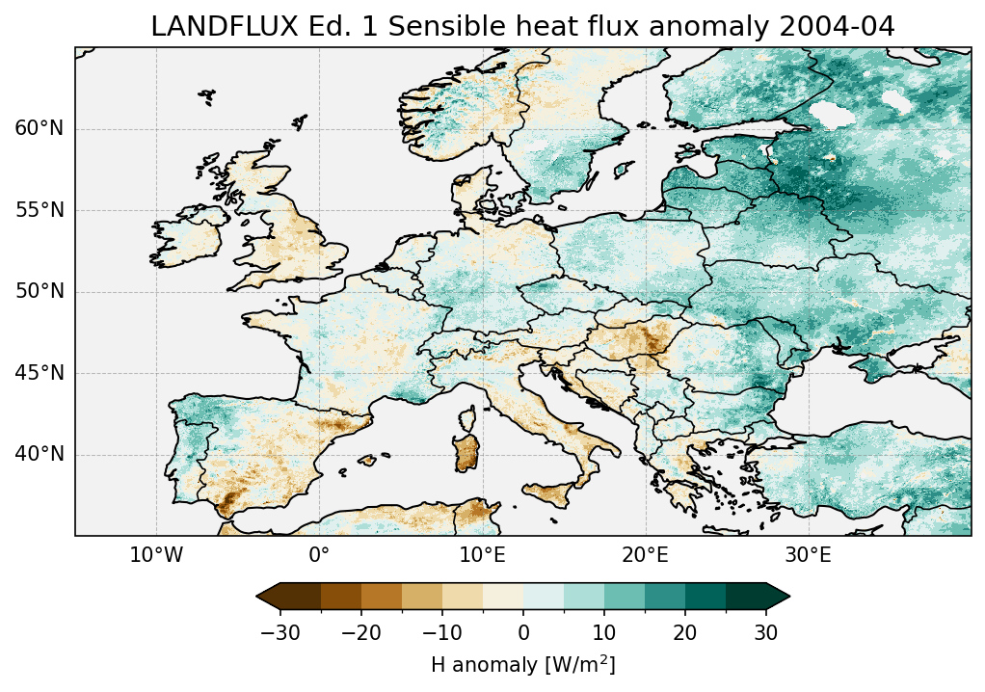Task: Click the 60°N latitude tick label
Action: [40, 129]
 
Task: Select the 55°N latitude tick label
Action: [40, 210]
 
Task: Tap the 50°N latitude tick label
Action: [40, 291]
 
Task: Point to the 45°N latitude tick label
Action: [40, 373]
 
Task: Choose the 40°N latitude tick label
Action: [40, 454]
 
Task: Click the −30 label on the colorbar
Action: [280, 632]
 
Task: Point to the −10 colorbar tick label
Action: [441, 632]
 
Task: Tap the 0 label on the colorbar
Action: [523, 632]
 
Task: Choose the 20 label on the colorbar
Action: [685, 632]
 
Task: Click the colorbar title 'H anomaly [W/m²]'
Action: [523, 664]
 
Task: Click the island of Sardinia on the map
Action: [468, 447]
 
